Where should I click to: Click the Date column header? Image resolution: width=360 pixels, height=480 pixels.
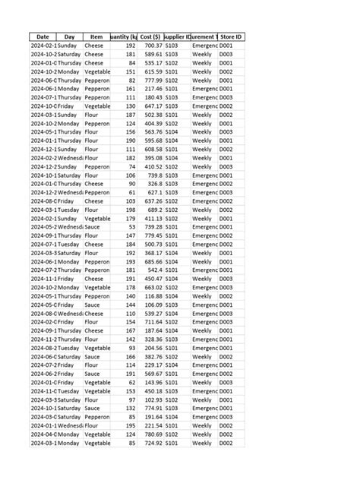(x=43, y=36)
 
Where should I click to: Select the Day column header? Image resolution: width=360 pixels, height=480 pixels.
(x=70, y=36)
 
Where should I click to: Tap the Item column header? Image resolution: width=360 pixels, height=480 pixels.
(x=96, y=36)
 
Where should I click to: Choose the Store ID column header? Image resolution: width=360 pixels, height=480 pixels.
(x=231, y=36)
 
